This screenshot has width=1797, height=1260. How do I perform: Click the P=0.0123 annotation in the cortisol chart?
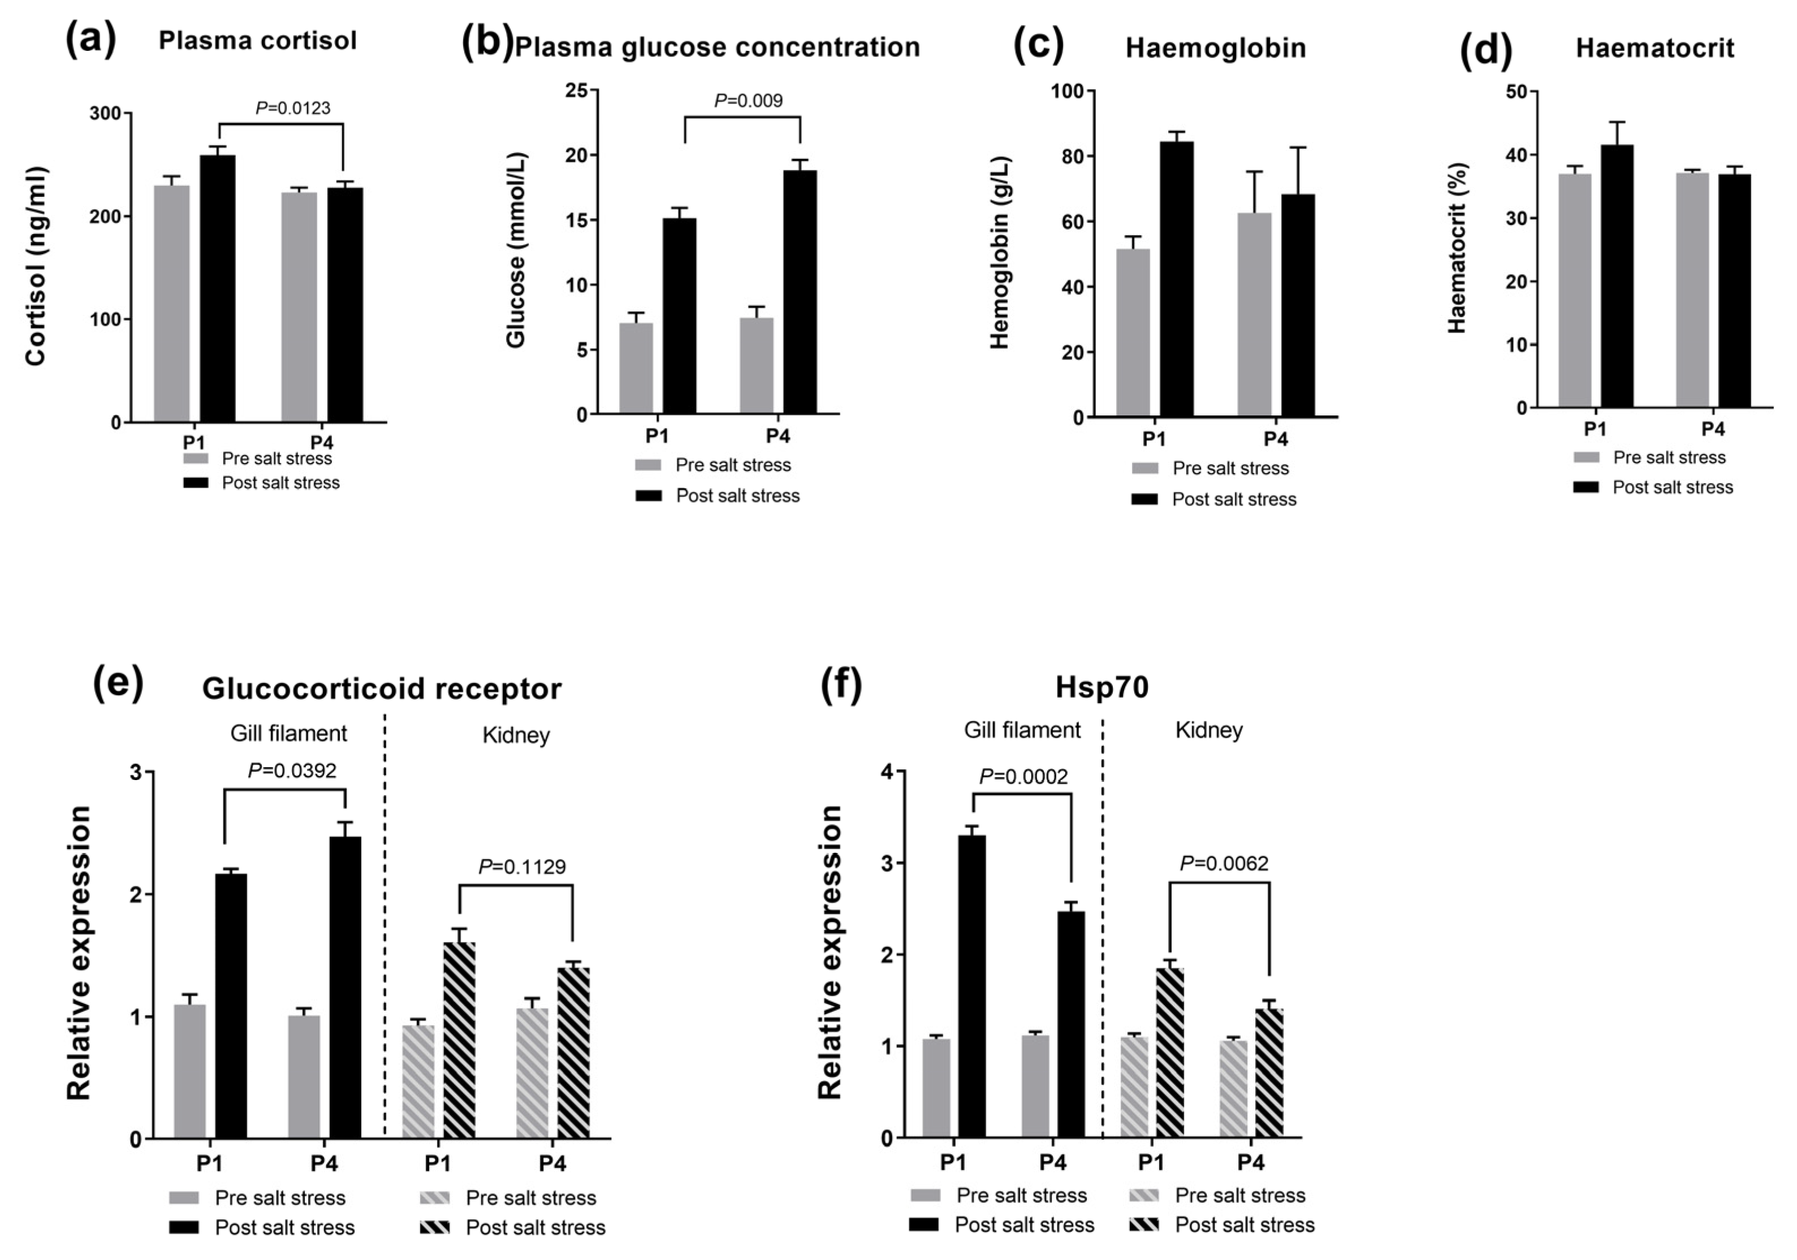click(293, 108)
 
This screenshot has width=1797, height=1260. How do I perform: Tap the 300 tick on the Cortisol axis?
click(106, 114)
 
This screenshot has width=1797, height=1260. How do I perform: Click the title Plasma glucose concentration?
click(717, 47)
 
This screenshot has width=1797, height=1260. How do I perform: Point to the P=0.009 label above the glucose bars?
click(748, 100)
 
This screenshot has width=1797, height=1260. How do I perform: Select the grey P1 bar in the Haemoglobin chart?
click(1133, 332)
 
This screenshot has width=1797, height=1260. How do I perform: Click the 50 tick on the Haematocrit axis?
click(1516, 92)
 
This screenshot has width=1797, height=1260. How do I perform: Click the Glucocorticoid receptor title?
click(381, 689)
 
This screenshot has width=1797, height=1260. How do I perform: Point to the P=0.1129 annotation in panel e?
click(521, 867)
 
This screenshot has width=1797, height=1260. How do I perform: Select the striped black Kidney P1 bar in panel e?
click(459, 1041)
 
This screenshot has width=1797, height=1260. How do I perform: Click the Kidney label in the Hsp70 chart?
click(1208, 730)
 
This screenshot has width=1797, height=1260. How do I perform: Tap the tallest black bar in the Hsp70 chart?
click(972, 986)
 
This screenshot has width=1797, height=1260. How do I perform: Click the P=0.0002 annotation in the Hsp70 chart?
click(1023, 776)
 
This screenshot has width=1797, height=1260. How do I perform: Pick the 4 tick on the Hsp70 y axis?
click(886, 772)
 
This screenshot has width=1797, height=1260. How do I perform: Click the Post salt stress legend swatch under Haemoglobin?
click(1144, 499)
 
